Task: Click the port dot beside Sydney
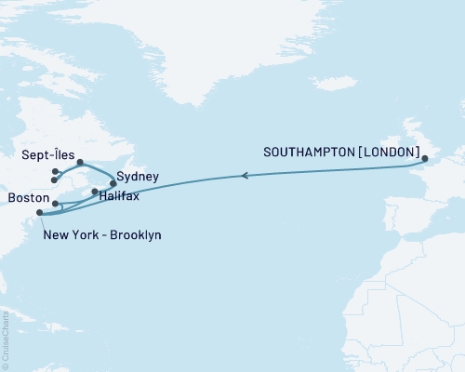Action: point(113,183)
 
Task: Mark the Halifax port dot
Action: point(95,192)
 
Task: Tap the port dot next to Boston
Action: point(56,203)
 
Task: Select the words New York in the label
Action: point(69,235)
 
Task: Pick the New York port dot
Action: point(39,213)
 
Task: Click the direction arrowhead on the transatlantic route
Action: point(244,174)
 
